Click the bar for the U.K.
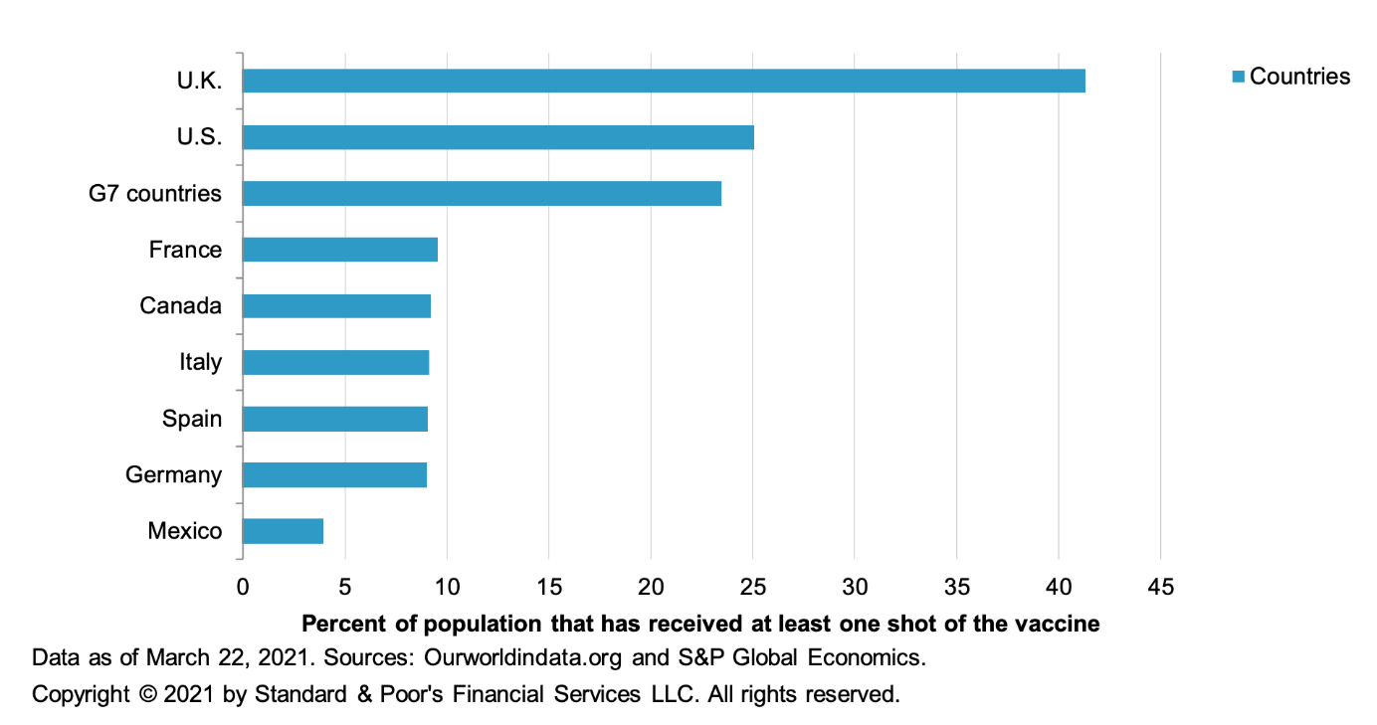[664, 81]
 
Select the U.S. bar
[498, 137]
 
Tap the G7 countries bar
[482, 194]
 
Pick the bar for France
[340, 250]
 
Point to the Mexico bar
[283, 531]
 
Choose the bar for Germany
[334, 475]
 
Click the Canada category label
[180, 306]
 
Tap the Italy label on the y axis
[200, 362]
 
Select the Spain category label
[192, 419]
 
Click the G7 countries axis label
[155, 194]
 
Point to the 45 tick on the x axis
[1161, 587]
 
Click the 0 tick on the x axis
[243, 587]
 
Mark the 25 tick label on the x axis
[752, 587]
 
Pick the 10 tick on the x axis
[447, 587]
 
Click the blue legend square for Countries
[1238, 77]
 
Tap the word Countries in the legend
[1299, 77]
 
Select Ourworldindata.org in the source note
[522, 657]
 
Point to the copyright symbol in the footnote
[147, 694]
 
